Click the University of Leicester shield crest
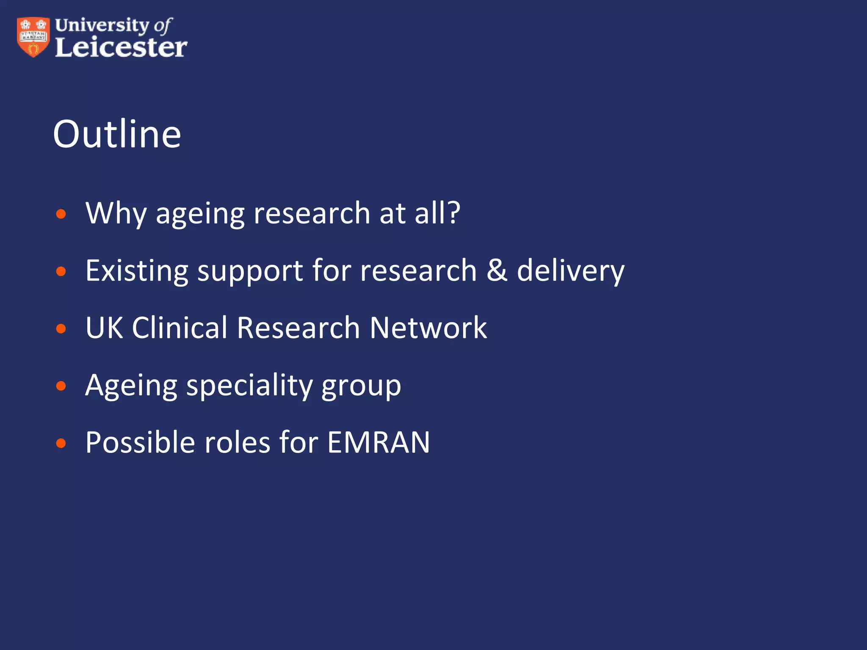[33, 37]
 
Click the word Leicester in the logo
[121, 47]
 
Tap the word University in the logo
[102, 25]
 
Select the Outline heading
[117, 134]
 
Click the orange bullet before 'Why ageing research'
[61, 214]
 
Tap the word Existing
[137, 271]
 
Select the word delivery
[571, 272]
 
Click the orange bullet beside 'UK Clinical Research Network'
[61, 329]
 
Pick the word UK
[105, 328]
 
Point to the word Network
[428, 328]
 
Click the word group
[361, 387]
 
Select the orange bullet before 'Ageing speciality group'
[61, 386]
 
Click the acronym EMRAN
[378, 443]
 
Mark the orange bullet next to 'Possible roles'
[61, 443]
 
